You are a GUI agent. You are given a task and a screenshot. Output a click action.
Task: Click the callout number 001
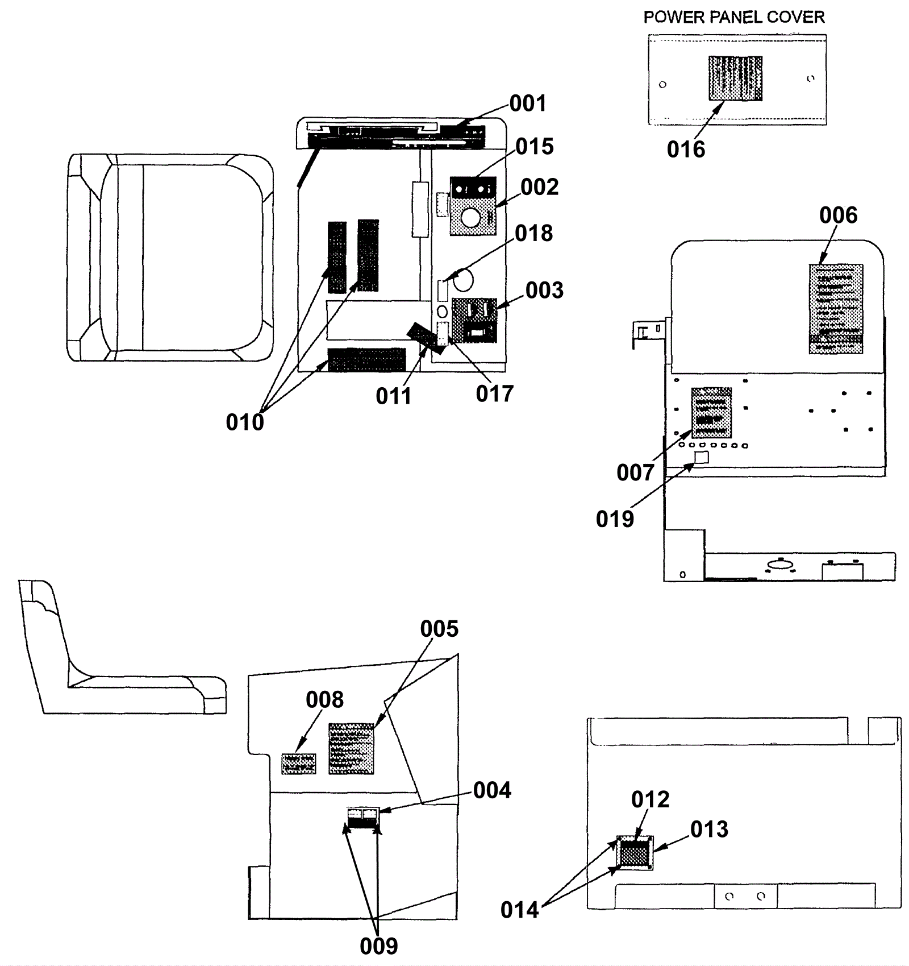click(527, 103)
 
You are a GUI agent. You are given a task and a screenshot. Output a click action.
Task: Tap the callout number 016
click(686, 150)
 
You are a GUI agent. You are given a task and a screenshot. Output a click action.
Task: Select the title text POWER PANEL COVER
click(733, 18)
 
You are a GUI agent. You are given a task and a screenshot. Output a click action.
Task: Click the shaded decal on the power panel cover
click(735, 78)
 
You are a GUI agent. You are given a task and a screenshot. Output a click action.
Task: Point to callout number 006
click(838, 215)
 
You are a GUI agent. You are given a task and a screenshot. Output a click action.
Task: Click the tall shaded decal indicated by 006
click(836, 309)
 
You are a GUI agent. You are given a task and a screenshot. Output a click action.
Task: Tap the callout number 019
click(615, 519)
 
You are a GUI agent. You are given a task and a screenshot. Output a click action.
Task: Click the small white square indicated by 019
click(702, 457)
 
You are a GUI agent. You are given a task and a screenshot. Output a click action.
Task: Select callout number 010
click(245, 422)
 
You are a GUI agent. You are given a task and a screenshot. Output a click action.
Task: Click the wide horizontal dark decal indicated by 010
click(367, 359)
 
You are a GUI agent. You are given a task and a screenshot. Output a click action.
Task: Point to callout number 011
click(393, 396)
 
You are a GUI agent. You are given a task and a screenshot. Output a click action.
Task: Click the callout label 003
click(544, 291)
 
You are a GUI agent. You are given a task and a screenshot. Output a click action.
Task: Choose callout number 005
click(439, 629)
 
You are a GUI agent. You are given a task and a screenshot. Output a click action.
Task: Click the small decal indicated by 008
click(299, 764)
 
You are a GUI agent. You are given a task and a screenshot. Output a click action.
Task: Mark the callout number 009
click(379, 946)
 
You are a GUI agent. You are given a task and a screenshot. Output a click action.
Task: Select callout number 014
click(519, 910)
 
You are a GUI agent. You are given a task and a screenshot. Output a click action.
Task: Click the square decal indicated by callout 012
click(635, 853)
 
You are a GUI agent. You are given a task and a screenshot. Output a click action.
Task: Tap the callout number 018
click(533, 234)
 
